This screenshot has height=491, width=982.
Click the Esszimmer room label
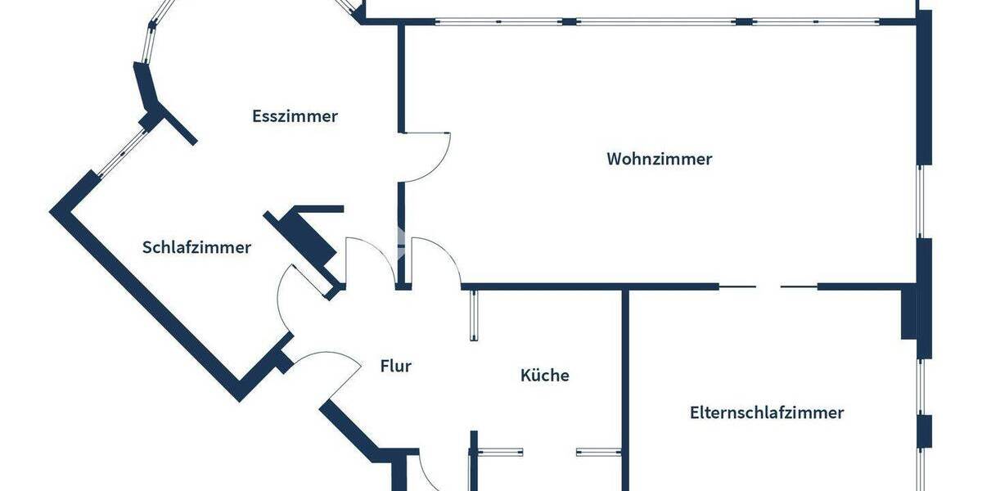click(x=295, y=116)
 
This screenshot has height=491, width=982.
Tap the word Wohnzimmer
click(x=659, y=159)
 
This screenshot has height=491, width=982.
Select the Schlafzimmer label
click(x=196, y=247)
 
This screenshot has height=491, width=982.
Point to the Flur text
click(x=395, y=366)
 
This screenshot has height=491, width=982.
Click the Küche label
click(x=544, y=376)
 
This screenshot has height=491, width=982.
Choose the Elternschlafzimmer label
click(x=766, y=412)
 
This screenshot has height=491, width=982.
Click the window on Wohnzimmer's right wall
click(x=921, y=201)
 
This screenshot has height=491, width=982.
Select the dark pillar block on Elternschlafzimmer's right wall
click(x=908, y=311)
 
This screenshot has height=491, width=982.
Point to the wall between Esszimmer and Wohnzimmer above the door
click(x=401, y=78)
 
